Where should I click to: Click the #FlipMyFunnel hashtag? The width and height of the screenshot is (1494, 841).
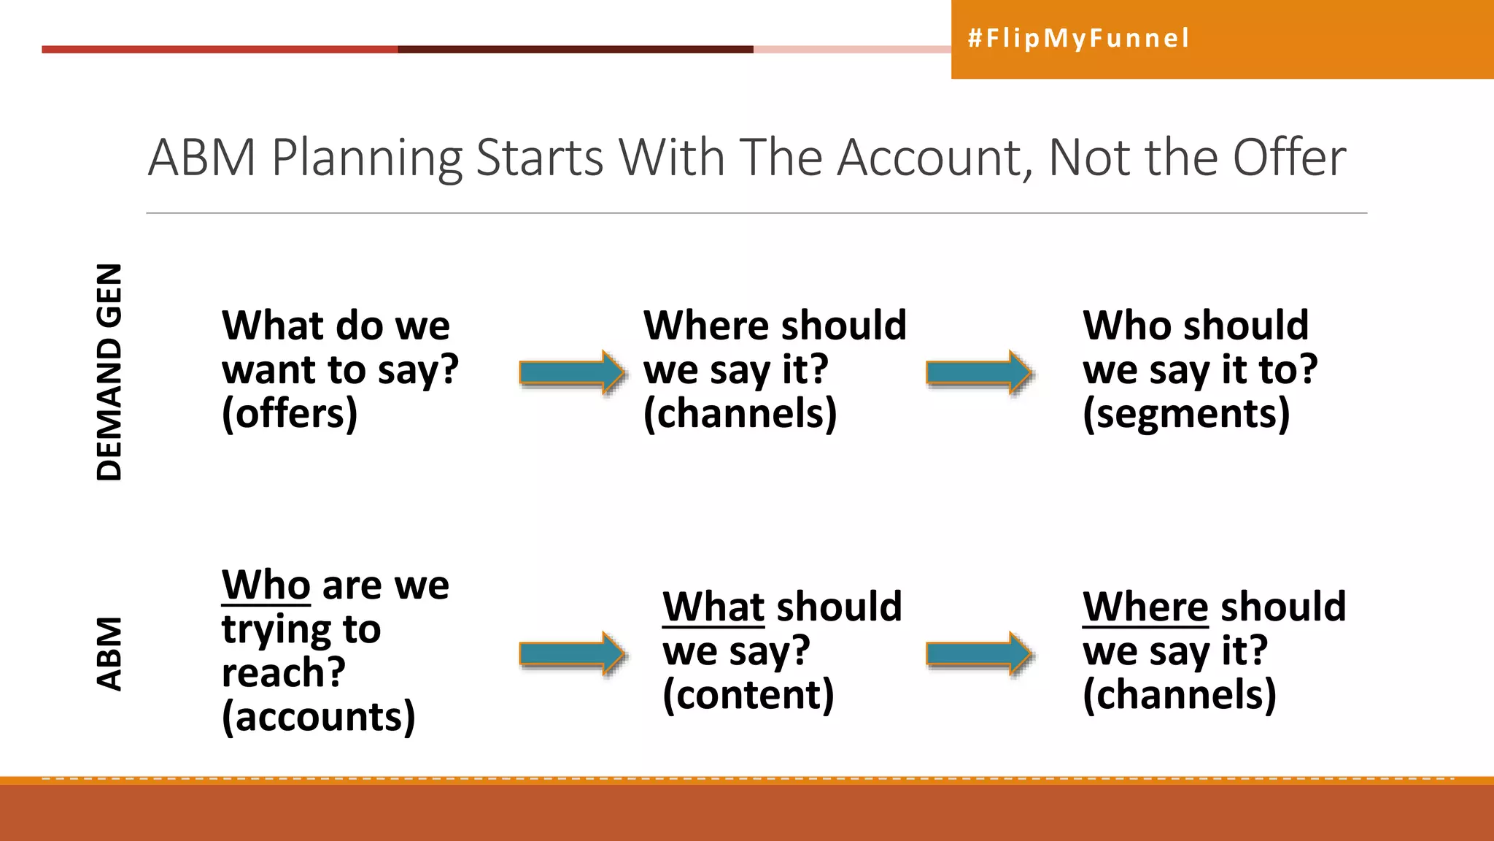click(x=1078, y=38)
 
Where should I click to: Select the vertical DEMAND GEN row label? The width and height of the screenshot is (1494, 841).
click(x=109, y=372)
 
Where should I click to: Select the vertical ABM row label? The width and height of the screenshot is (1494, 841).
click(x=109, y=653)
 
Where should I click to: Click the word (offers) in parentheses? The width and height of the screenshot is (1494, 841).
click(x=290, y=414)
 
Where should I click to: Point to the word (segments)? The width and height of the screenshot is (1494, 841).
click(x=1186, y=414)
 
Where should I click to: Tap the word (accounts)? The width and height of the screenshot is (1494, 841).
click(x=318, y=717)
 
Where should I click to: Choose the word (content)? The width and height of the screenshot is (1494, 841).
click(x=748, y=694)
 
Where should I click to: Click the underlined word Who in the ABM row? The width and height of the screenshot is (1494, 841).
click(x=266, y=585)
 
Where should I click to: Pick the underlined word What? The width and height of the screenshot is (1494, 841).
click(x=713, y=607)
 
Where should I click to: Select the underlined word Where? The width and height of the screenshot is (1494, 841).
click(x=1145, y=607)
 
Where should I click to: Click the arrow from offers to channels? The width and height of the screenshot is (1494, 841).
click(x=571, y=372)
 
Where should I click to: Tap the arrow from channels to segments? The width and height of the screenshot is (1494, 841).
click(x=978, y=372)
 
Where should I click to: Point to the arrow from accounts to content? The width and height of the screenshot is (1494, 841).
click(x=571, y=653)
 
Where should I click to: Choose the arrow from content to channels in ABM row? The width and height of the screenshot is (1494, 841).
click(x=978, y=653)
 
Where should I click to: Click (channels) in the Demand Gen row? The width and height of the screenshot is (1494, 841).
click(x=740, y=414)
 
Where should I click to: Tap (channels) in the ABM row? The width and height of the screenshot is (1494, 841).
click(x=1179, y=694)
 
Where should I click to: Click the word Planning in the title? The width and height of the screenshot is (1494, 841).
click(x=367, y=158)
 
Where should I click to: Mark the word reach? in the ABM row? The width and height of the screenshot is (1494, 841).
click(x=283, y=673)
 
